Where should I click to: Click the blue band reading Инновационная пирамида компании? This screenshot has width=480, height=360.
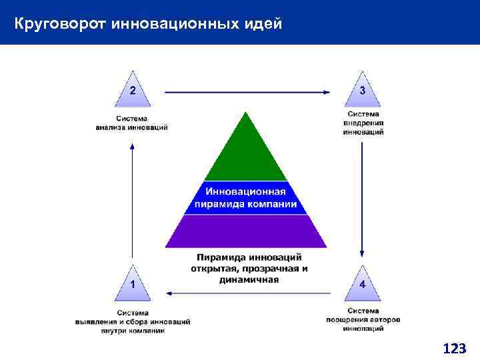pos(246,197)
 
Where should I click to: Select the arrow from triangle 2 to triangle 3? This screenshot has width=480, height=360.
pos(247,91)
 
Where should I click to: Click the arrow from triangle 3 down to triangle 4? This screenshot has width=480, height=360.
pos(362,200)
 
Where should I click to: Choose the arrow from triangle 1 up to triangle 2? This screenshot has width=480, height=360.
pos(132,200)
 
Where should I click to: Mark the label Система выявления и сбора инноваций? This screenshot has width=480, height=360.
pos(133,321)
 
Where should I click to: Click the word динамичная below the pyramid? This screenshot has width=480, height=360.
pos(249,279)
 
